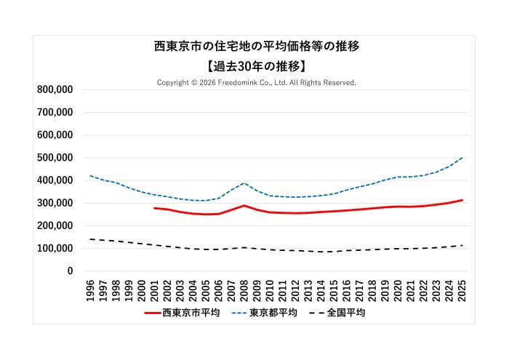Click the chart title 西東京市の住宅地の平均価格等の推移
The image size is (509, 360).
coord(257,47)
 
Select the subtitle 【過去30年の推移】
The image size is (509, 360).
coord(257,66)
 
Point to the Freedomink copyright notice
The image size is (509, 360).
coord(257,83)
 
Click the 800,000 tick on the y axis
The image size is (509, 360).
coord(55,90)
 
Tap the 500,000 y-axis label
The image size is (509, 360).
coord(55,158)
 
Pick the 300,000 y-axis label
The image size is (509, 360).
coord(55,203)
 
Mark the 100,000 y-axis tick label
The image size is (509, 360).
coord(55,249)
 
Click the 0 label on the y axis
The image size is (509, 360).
coord(70,271)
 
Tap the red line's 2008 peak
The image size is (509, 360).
coord(244,206)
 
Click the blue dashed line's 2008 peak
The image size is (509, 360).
coord(244,183)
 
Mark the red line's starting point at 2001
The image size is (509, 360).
coord(155,208)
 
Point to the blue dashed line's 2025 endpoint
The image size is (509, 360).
coord(462,158)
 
